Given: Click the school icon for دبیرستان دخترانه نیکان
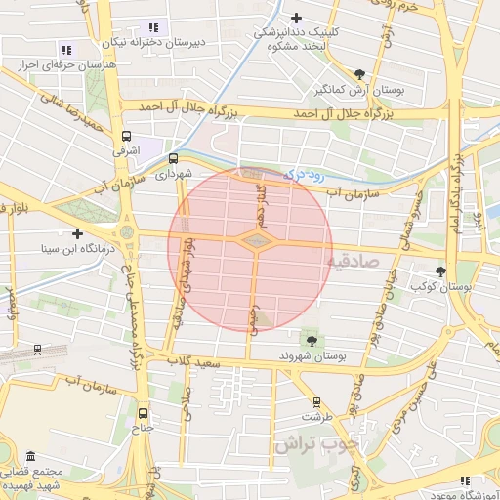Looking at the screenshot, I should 152,26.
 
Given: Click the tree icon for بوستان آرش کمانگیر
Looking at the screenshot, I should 360,73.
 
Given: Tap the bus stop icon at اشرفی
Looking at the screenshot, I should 126,136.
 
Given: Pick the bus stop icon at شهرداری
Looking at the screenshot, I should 173,158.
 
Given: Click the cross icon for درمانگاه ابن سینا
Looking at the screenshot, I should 77,233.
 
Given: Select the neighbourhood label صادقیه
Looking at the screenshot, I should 349,260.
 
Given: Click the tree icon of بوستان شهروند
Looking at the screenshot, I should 312,340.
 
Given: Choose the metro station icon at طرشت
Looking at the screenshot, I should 316,401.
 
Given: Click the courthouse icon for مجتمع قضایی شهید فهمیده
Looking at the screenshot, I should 31,457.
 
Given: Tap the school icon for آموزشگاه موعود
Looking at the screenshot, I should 465,479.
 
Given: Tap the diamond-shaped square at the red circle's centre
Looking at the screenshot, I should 253,240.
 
